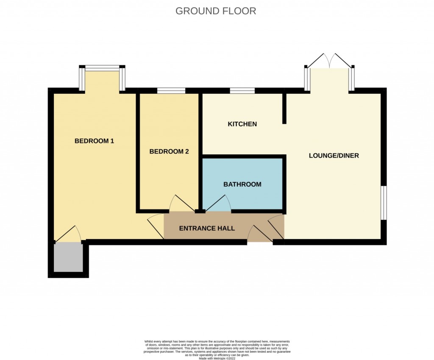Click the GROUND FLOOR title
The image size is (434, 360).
tap(216, 11)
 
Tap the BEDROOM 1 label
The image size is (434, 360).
tap(94, 141)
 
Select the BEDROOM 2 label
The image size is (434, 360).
tap(169, 151)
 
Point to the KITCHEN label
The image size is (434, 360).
tap(242, 124)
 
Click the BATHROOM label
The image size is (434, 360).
tap(242, 184)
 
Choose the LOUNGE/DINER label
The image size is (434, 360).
tap(334, 156)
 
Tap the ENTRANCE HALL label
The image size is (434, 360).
tap(207, 228)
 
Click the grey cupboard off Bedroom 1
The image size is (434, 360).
tap(68, 257)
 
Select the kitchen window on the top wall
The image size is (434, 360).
tap(242, 90)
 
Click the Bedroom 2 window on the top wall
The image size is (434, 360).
tap(171, 90)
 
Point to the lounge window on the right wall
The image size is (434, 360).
tap(383, 203)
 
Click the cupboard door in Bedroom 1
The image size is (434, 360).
tap(68, 234)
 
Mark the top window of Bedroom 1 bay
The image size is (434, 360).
tap(102, 67)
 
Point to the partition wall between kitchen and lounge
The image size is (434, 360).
tap(284, 109)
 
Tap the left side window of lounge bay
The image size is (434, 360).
tap(306, 79)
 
